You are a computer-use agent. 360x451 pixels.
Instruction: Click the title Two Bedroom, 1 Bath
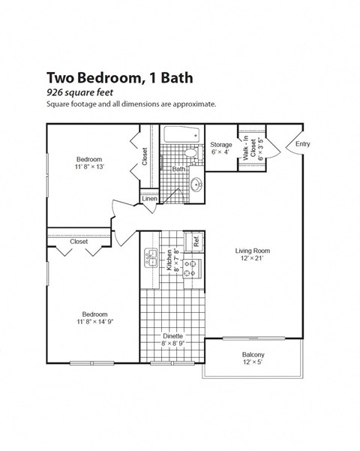point(119,77)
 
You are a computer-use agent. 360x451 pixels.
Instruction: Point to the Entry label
point(302,144)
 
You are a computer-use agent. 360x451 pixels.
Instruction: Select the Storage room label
point(220,144)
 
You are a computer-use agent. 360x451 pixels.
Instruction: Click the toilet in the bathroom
point(191,155)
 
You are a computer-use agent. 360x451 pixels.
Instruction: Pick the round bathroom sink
point(197,184)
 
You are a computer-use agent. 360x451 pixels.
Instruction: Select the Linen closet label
point(149,199)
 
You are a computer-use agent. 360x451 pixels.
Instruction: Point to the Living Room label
point(252,251)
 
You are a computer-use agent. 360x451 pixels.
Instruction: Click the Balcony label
point(253,355)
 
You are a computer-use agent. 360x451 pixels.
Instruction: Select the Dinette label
point(172,335)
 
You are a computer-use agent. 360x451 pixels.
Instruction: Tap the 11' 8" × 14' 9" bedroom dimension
point(94,321)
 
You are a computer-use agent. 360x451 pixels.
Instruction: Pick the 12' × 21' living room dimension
point(252,259)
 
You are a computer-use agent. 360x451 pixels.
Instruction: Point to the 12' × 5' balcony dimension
point(253,362)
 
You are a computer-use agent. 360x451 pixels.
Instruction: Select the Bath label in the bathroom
point(178,169)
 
